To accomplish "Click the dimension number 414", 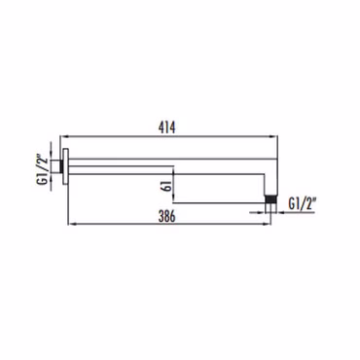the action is [166, 127].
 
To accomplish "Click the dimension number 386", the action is [166, 216].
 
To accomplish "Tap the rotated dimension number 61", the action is [167, 187].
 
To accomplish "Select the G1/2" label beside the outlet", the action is [302, 204].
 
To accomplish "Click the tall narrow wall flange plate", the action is [65, 166].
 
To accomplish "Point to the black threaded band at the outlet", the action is [270, 198].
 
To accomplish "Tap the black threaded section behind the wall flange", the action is [61, 166].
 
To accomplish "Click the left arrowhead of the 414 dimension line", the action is [64, 136].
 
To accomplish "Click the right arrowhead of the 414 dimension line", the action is [274, 136].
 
